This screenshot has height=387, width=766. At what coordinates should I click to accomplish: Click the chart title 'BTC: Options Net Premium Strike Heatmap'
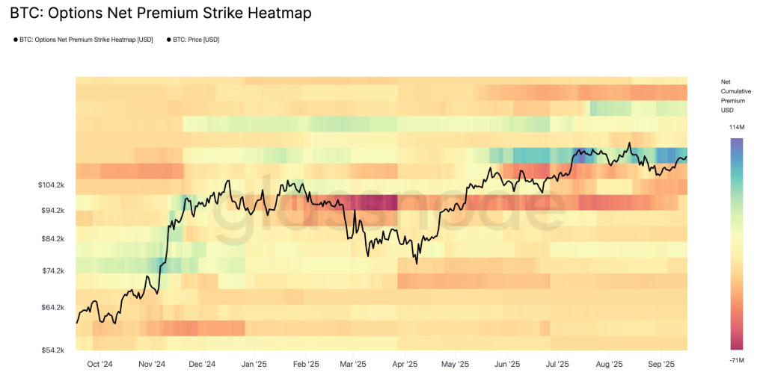161,13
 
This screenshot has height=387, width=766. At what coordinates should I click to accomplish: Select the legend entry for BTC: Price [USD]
194,40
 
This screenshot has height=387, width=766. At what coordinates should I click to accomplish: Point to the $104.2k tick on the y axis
52,185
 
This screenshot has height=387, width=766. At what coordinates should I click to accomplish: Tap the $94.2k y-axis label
54,211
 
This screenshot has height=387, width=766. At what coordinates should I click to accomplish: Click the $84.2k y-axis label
54,239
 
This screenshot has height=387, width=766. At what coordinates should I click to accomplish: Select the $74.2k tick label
54,271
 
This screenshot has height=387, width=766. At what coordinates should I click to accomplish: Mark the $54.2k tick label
54,350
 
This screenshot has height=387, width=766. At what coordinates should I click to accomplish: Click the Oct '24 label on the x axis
99,365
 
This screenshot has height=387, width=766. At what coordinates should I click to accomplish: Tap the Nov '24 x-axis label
151,365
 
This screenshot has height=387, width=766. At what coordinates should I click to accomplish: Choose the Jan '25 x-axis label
254,365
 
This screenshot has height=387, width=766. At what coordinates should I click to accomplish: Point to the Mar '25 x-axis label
353,365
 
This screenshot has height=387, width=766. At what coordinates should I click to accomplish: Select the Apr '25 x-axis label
404,365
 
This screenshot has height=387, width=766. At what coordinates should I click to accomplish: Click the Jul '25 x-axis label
557,365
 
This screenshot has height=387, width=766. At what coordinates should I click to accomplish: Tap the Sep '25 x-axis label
661,365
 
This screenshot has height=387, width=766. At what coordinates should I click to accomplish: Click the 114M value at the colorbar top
737,128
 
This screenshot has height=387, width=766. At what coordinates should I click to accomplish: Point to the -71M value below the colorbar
737,360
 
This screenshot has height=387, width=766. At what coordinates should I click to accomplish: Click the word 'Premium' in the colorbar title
732,100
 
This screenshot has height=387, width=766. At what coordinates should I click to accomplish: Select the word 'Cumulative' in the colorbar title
736,90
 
